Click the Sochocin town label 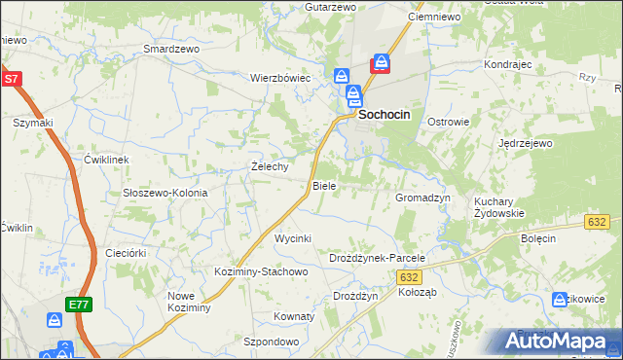[x=385, y=114]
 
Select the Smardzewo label [x=170, y=48]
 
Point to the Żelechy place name [x=270, y=166]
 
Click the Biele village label [x=323, y=185]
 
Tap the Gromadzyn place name [x=422, y=198]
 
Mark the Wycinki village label [x=292, y=238]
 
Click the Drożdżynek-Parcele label [x=378, y=258]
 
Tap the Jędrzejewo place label [x=526, y=143]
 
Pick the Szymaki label [x=32, y=123]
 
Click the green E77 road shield [x=80, y=305]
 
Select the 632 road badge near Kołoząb [x=410, y=277]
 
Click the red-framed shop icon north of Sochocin [x=381, y=63]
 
